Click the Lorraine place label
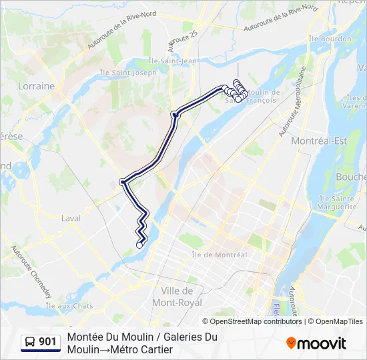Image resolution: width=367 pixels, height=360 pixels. click(x=37, y=86)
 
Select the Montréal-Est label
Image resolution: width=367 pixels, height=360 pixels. click(x=320, y=141)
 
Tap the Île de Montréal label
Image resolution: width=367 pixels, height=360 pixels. click(x=219, y=255)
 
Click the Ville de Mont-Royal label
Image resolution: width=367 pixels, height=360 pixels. click(x=177, y=297)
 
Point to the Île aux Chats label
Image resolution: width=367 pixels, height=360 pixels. click(x=69, y=305)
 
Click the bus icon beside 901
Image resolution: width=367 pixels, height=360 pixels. click(x=31, y=343)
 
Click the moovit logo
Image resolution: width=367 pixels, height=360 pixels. click(x=316, y=343)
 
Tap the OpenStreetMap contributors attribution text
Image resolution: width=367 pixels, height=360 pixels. click(x=256, y=321)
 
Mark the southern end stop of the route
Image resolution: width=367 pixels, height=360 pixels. click(x=139, y=245)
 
